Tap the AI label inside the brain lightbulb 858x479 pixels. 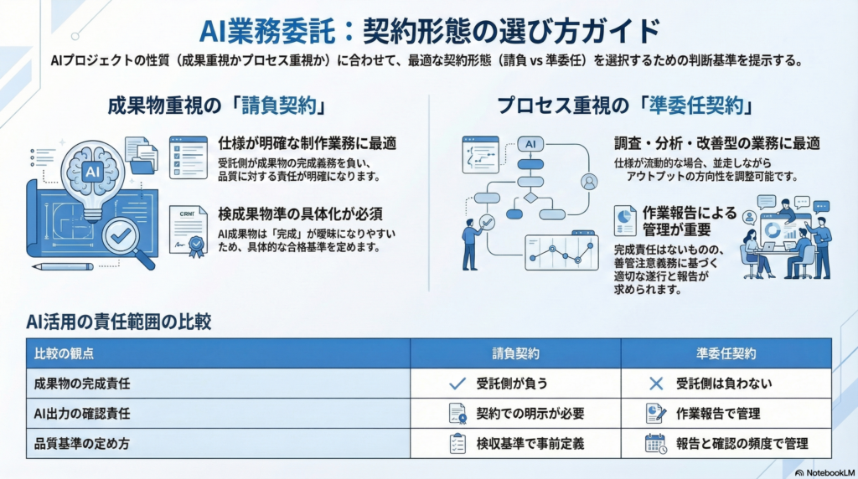[92, 172]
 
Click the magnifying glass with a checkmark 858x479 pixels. [126, 240]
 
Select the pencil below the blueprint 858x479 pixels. [62, 267]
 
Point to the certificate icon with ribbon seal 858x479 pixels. [188, 231]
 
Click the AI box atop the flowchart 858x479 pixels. [530, 144]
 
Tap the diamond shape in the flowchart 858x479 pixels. [530, 198]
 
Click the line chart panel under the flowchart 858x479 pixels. [561, 252]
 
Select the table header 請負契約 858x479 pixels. [515, 353]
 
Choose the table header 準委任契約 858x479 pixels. [726, 353]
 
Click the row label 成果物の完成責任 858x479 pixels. [82, 384]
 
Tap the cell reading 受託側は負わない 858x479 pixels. [723, 384]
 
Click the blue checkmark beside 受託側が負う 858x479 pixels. [457, 384]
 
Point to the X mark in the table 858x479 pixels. [655, 384]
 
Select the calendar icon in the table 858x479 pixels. [655, 444]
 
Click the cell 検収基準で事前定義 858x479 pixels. [530, 444]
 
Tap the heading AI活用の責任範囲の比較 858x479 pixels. [118, 322]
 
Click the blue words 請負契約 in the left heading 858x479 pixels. [279, 106]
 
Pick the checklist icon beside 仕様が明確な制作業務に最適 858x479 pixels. [189, 157]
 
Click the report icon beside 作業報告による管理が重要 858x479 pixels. [625, 219]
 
